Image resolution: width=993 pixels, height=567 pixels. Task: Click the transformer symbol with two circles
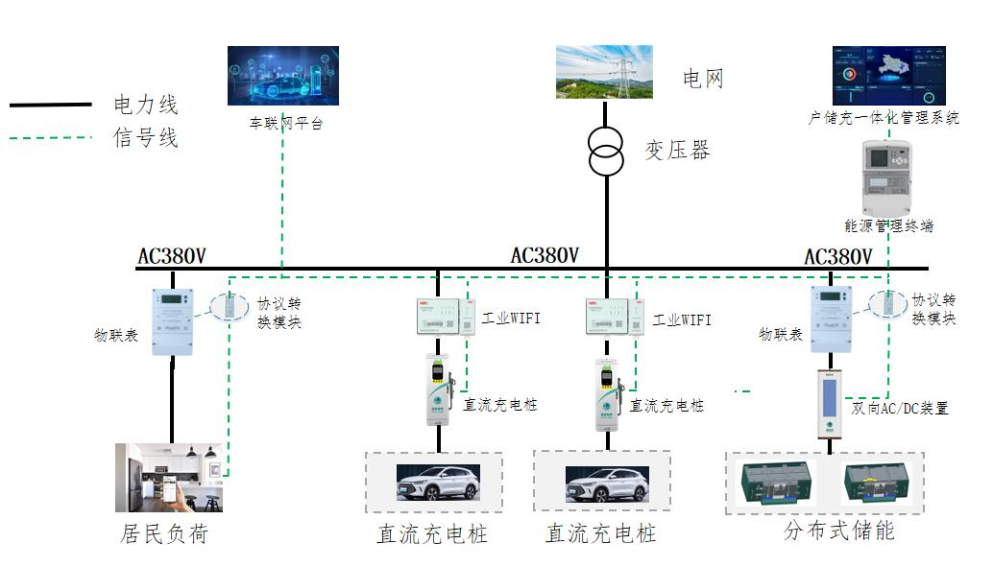pyautogui.click(x=606, y=152)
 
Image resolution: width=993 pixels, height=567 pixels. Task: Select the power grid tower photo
pyautogui.click(x=604, y=72)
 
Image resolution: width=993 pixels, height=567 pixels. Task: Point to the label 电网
pyautogui.click(x=703, y=80)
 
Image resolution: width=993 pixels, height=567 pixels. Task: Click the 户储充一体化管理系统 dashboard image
pyautogui.click(x=888, y=76)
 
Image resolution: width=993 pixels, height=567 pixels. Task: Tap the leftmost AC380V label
pyautogui.click(x=172, y=256)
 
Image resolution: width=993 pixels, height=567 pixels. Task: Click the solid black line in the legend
pyautogui.click(x=50, y=104)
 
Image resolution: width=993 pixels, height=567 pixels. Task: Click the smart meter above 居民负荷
pyautogui.click(x=173, y=322)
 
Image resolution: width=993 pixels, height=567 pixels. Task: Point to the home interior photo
pyautogui.click(x=169, y=477)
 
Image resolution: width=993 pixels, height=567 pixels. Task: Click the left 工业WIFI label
pyautogui.click(x=512, y=318)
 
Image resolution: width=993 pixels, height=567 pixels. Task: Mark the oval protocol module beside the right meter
pyautogui.click(x=887, y=303)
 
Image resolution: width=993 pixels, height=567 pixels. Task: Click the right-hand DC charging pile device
pyautogui.click(x=606, y=392)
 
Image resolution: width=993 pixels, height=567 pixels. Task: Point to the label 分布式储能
pyautogui.click(x=838, y=531)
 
